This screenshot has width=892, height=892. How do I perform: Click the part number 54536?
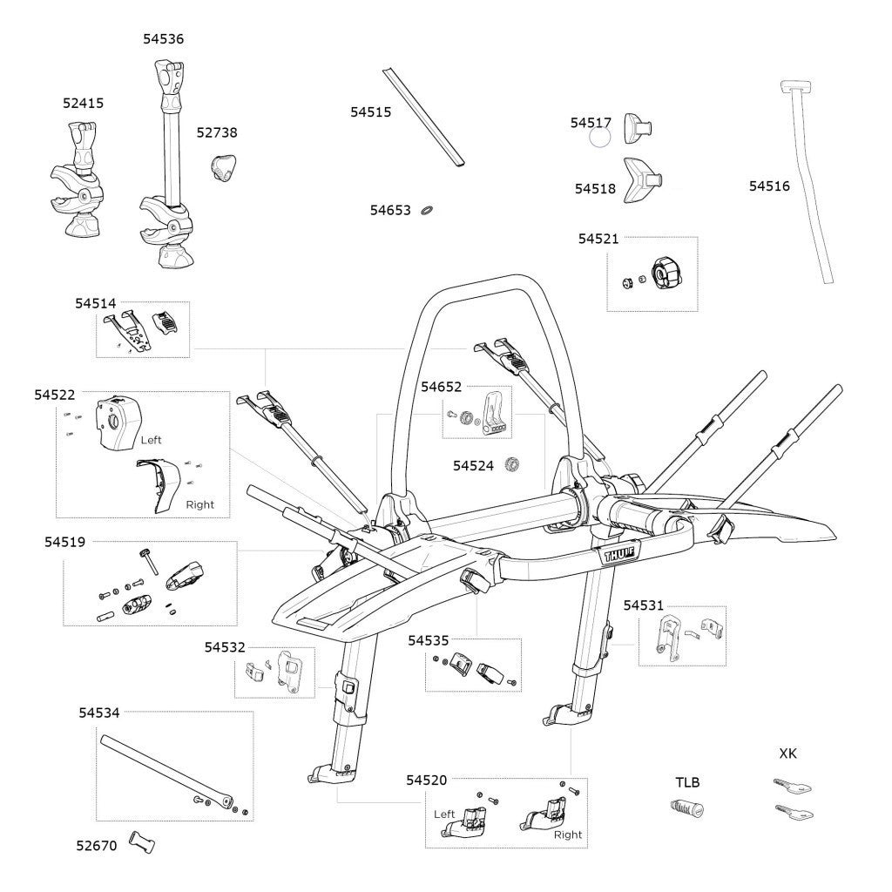pyautogui.click(x=163, y=39)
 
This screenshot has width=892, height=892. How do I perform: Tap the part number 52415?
pyautogui.click(x=83, y=103)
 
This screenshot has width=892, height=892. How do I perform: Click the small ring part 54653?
pyautogui.click(x=428, y=210)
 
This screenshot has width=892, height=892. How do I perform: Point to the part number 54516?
pyautogui.click(x=769, y=186)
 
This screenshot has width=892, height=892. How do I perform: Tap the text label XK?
pyautogui.click(x=787, y=753)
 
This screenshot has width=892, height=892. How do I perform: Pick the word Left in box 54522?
pyautogui.click(x=151, y=441)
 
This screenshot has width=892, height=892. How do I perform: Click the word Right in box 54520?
pyautogui.click(x=567, y=835)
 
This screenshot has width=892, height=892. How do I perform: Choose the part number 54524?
pyautogui.click(x=473, y=466)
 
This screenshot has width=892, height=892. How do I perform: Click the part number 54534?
pyautogui.click(x=98, y=712)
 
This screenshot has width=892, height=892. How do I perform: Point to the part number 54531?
pyautogui.click(x=643, y=605)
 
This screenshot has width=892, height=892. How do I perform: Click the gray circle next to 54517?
pyautogui.click(x=600, y=138)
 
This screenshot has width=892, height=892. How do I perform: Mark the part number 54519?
pyautogui.click(x=65, y=542)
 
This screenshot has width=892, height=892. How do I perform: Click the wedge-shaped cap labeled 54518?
pyautogui.click(x=644, y=179)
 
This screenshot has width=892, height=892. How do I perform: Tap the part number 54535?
pyautogui.click(x=429, y=640)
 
